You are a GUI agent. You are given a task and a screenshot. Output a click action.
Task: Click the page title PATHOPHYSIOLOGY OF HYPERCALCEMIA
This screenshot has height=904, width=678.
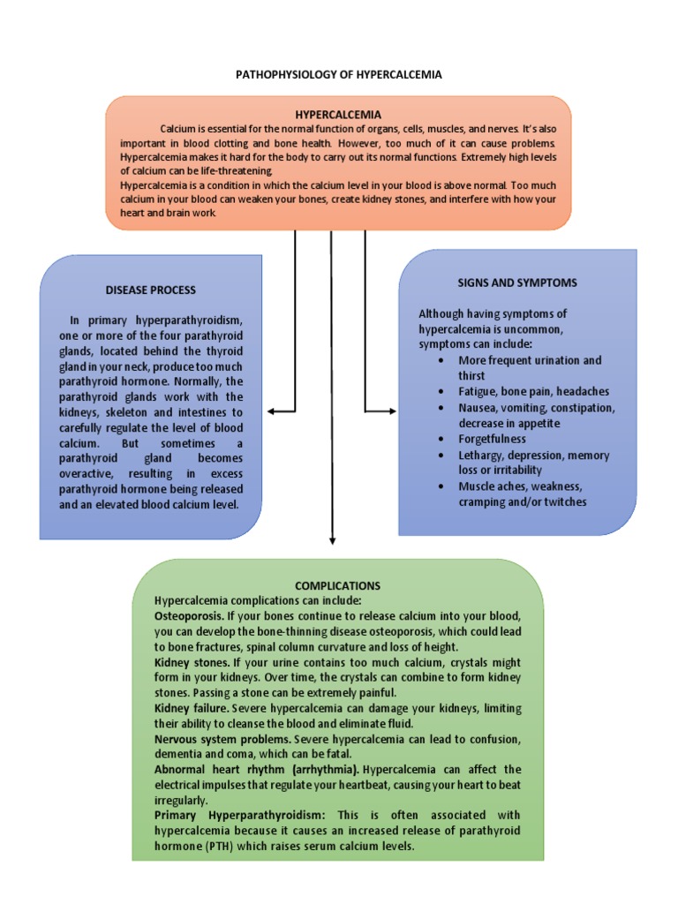(x=338, y=75)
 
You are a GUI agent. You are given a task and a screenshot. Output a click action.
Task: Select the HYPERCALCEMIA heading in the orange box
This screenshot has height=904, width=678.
(x=338, y=115)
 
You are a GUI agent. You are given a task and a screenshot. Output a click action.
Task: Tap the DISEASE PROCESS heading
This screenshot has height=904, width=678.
(x=151, y=290)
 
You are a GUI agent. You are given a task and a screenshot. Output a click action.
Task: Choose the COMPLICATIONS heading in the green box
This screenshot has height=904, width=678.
(x=338, y=585)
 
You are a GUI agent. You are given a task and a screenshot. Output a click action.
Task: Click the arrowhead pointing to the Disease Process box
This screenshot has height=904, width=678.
(x=270, y=411)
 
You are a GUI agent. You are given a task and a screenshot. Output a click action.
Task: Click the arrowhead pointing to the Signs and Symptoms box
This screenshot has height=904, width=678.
(x=392, y=411)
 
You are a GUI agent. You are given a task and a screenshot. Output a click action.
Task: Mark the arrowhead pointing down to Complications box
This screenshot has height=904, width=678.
(x=332, y=541)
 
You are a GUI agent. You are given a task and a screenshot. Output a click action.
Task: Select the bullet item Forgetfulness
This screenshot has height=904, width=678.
(x=492, y=439)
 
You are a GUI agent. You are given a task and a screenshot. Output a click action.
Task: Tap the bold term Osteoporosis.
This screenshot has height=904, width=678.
(x=188, y=614)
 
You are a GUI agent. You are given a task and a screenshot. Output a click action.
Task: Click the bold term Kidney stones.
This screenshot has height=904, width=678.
(x=192, y=662)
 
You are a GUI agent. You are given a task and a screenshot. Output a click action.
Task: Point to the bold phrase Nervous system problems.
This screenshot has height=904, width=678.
(x=222, y=738)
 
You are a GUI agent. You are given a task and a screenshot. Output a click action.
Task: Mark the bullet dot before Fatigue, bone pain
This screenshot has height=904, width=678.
(x=441, y=391)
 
